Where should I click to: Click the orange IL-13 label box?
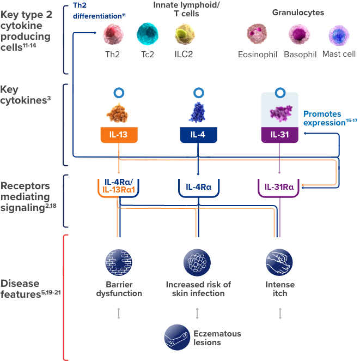coord(119,135)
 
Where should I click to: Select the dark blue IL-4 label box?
coord(198,135)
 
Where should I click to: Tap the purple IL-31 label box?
coord(279,135)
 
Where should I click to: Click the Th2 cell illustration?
coord(113,34)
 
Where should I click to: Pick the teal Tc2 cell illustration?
coord(148,34)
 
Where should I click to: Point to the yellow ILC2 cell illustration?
coord(185,34)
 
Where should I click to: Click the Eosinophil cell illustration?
coord(257,34)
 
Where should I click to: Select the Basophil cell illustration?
coord(299,34)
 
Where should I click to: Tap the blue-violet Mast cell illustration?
coord(339,35)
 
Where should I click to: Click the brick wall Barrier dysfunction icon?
coord(119,262)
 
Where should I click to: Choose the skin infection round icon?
coord(197,262)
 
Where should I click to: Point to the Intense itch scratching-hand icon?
coord(279,262)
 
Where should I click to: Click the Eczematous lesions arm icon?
coord(177,338)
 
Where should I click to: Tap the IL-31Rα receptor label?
coord(279,187)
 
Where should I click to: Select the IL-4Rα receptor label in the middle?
coord(199,187)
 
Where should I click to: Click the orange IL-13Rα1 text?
coord(119,190)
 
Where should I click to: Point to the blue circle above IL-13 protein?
coord(119,93)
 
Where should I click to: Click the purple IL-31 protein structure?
coord(280,113)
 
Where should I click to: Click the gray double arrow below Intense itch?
coord(280,314)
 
